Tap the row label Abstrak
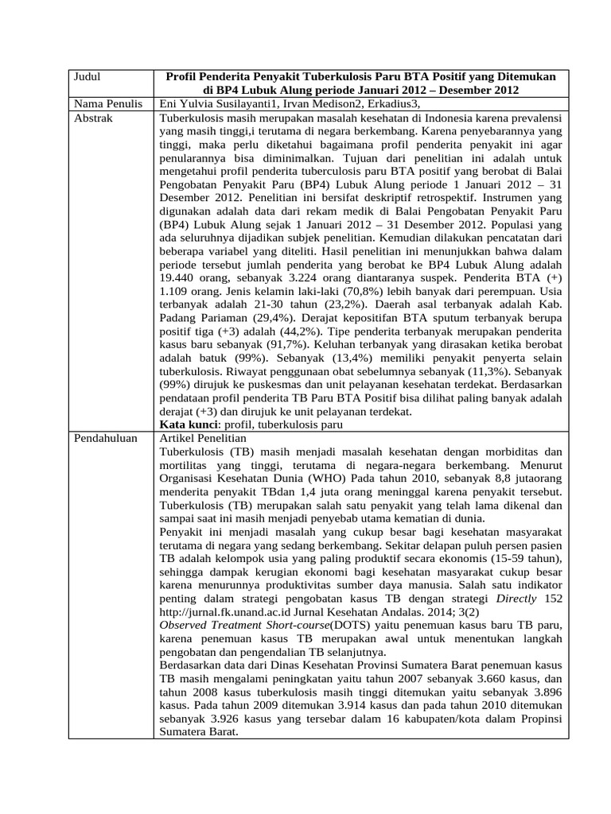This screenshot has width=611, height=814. click(94, 117)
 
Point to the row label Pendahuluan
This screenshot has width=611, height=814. click(105, 438)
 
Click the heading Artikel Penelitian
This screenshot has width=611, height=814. click(204, 438)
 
